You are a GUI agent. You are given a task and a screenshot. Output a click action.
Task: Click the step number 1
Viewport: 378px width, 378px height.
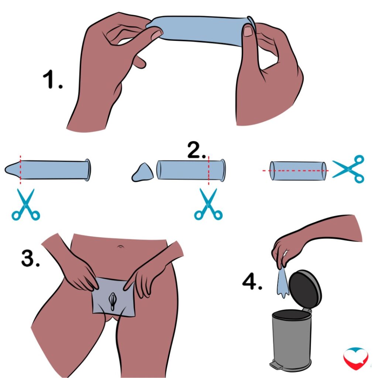52,79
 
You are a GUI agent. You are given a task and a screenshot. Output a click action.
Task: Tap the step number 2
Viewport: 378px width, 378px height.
196,150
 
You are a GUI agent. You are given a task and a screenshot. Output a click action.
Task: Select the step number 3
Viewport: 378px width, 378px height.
30,258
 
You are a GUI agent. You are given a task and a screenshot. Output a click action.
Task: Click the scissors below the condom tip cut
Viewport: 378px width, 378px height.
26,205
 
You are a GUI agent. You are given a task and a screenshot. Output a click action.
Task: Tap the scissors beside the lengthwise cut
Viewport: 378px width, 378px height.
348,169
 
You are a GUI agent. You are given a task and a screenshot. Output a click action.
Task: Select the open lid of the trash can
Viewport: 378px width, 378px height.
305,289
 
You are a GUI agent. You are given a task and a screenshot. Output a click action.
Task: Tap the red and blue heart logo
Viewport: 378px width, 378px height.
356,358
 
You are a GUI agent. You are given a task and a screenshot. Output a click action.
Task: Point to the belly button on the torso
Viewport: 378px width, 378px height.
120,247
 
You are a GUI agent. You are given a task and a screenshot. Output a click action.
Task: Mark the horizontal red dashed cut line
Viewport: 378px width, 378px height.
296,171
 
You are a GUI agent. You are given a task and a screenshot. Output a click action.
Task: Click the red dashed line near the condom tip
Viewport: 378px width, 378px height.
20,170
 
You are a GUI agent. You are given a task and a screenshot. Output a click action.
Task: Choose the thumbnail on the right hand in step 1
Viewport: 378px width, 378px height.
248,31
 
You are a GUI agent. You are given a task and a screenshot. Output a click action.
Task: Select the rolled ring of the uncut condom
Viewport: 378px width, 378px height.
88,170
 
